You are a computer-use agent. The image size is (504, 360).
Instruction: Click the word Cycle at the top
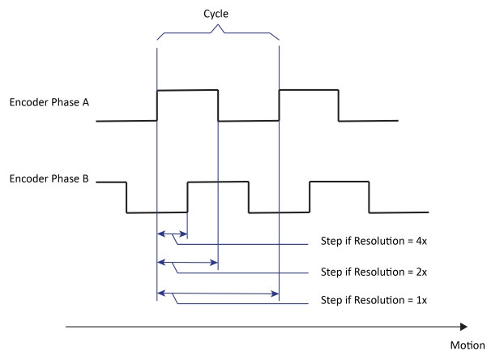[216, 14]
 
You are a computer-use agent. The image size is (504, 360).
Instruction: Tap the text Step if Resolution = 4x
[374, 242]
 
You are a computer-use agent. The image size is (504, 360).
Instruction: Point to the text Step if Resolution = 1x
[374, 300]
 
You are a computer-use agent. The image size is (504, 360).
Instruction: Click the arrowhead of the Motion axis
[463, 327]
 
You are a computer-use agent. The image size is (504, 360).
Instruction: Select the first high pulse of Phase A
[187, 90]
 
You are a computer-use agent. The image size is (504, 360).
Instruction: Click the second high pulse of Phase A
[309, 90]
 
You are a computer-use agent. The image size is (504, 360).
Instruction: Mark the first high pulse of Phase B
[217, 182]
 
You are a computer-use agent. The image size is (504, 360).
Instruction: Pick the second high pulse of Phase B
[339, 182]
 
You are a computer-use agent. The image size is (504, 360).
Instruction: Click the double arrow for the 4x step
[172, 234]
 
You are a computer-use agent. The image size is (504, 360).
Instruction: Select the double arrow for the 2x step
[187, 263]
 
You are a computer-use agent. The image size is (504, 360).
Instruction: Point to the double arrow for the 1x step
[217, 292]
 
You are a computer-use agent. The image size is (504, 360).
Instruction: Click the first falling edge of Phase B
[126, 197]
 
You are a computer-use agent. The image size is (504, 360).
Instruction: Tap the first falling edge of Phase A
[218, 105]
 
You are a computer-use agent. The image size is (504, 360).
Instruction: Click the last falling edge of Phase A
[339, 105]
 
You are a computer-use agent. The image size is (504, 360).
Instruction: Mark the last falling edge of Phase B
[369, 197]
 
